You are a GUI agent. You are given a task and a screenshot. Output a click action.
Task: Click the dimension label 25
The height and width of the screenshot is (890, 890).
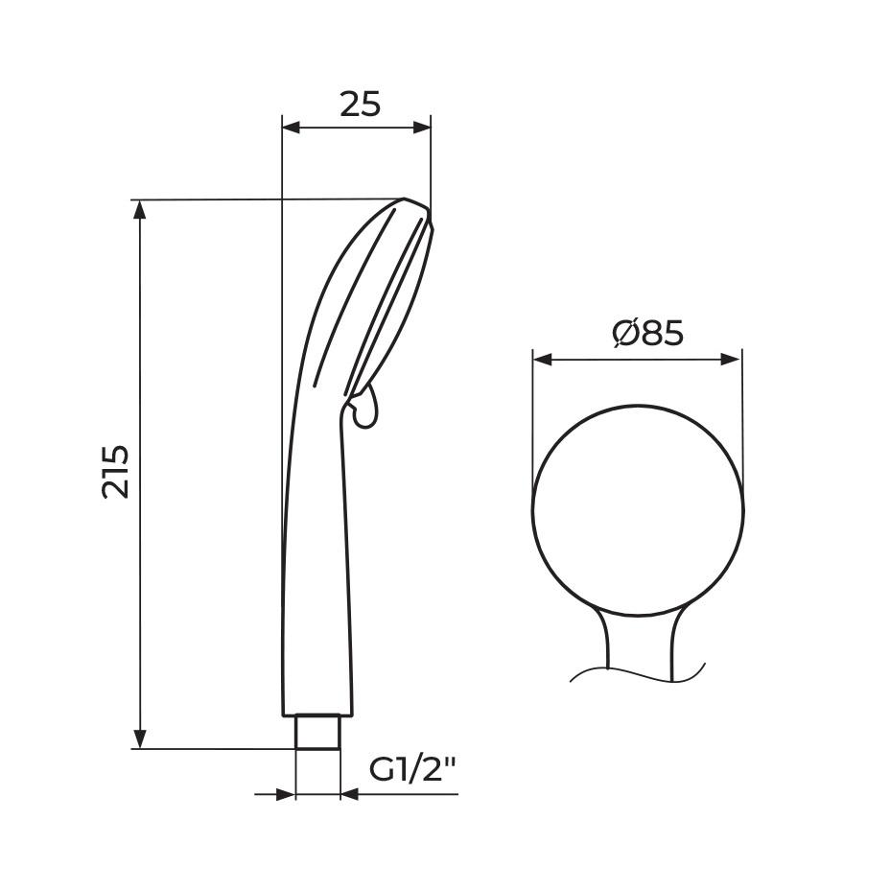(360, 103)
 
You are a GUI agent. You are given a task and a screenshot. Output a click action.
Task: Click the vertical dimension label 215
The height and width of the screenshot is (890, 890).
(116, 470)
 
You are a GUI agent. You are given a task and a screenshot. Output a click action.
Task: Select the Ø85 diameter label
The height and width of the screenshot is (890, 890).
(647, 333)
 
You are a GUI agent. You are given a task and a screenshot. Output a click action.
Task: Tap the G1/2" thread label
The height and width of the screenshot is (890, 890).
(412, 769)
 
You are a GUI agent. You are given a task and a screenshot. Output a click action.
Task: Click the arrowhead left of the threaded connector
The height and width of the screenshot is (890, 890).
(285, 794)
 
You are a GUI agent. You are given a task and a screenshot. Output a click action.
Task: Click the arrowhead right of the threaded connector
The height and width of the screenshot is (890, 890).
(351, 794)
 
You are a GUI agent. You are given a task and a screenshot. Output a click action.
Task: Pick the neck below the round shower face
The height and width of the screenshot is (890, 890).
(638, 638)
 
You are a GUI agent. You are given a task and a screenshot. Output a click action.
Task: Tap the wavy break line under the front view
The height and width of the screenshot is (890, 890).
(638, 672)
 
